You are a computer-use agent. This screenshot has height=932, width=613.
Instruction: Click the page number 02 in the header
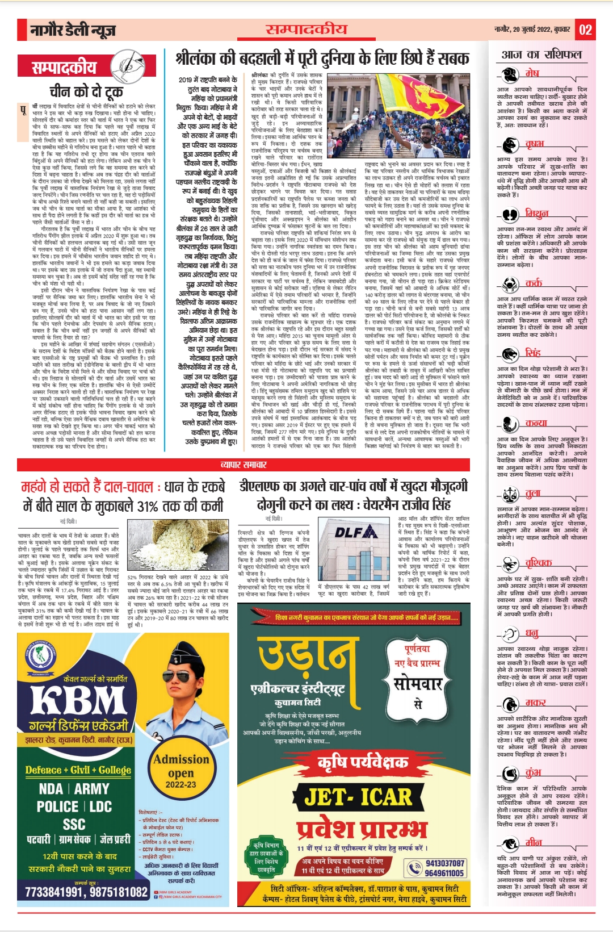click(586, 30)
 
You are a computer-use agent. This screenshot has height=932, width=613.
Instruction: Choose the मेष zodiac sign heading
click(532, 73)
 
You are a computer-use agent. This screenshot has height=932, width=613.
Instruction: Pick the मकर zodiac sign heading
click(535, 703)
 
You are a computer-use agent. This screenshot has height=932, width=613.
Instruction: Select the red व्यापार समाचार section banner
click(243, 465)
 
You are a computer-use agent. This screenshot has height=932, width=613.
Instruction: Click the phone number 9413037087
click(444, 863)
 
